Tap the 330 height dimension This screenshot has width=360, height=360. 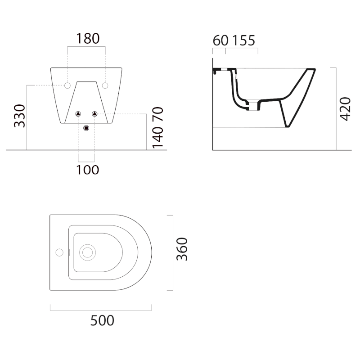click(x=19, y=116)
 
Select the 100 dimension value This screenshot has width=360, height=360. click(x=87, y=170)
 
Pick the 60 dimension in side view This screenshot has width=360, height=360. click(x=220, y=40)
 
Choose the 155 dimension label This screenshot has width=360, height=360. click(x=243, y=40)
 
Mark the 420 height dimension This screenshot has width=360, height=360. click(x=345, y=109)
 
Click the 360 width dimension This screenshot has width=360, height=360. click(x=182, y=250)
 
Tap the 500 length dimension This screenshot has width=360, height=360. click(x=102, y=320)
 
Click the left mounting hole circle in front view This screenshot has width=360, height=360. click(x=67, y=85)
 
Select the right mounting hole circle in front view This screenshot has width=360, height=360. click(x=105, y=85)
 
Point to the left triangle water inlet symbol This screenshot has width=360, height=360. click(x=78, y=114)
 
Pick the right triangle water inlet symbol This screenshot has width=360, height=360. click(x=94, y=114)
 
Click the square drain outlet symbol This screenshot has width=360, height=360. click(x=86, y=129)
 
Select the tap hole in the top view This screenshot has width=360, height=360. click(x=59, y=252)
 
